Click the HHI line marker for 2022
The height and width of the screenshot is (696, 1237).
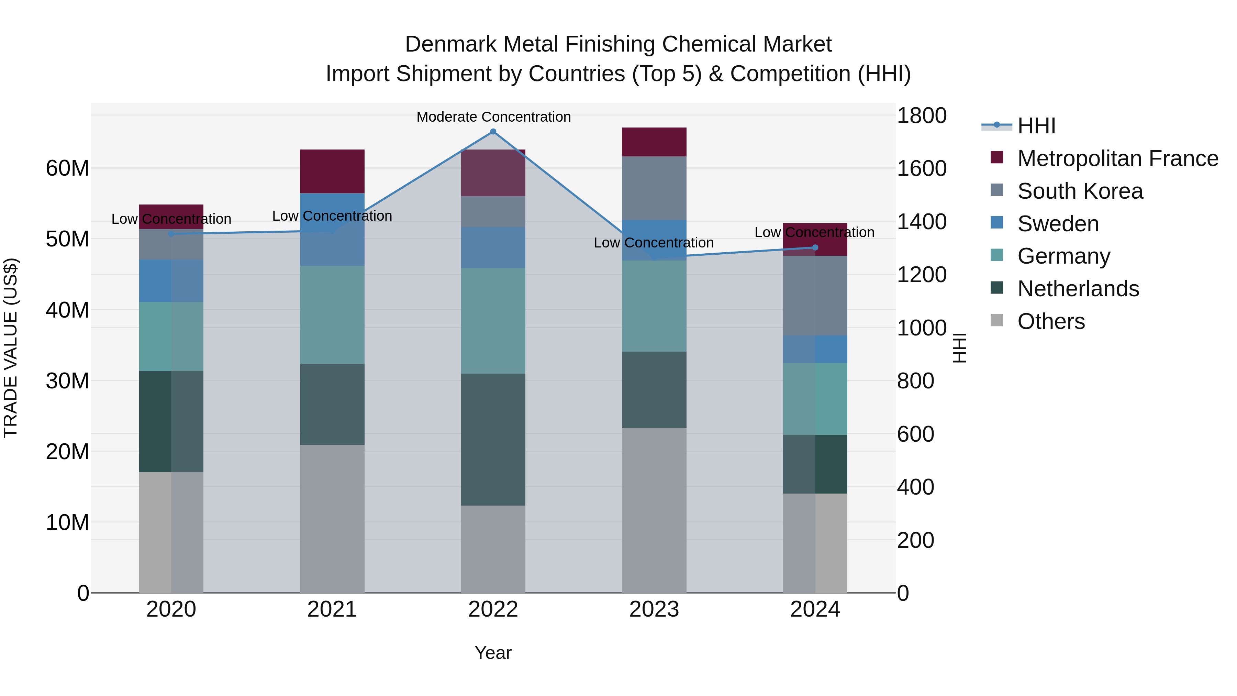click(x=493, y=132)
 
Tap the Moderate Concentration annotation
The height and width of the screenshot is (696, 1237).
click(x=493, y=117)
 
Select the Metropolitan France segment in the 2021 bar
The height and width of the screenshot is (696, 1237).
click(x=332, y=171)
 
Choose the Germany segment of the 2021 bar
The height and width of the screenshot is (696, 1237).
click(x=332, y=314)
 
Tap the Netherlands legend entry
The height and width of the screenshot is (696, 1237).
click(x=1078, y=289)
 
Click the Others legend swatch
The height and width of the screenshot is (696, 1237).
click(x=996, y=320)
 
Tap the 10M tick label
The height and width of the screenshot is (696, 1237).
click(x=67, y=522)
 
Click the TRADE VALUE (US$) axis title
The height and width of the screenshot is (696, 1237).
click(x=11, y=348)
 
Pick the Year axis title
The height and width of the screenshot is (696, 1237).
click(x=493, y=653)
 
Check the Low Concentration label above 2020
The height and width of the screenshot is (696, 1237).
click(x=171, y=219)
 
